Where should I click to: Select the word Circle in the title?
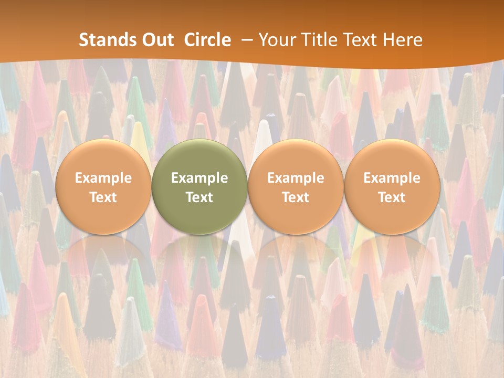click(207, 40)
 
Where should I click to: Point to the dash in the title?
click(245, 40)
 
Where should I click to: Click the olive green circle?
click(199, 186)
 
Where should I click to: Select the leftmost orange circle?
click(103, 186)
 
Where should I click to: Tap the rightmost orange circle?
click(392, 186)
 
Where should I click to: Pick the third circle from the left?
click(296, 186)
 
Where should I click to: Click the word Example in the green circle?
click(199, 178)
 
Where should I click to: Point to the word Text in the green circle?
click(199, 197)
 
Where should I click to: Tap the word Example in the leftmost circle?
click(103, 178)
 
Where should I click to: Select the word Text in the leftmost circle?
click(103, 197)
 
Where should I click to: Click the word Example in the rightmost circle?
click(392, 178)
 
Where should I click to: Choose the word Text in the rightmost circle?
click(392, 197)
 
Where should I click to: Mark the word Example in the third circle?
click(296, 178)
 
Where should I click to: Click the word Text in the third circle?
click(296, 197)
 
